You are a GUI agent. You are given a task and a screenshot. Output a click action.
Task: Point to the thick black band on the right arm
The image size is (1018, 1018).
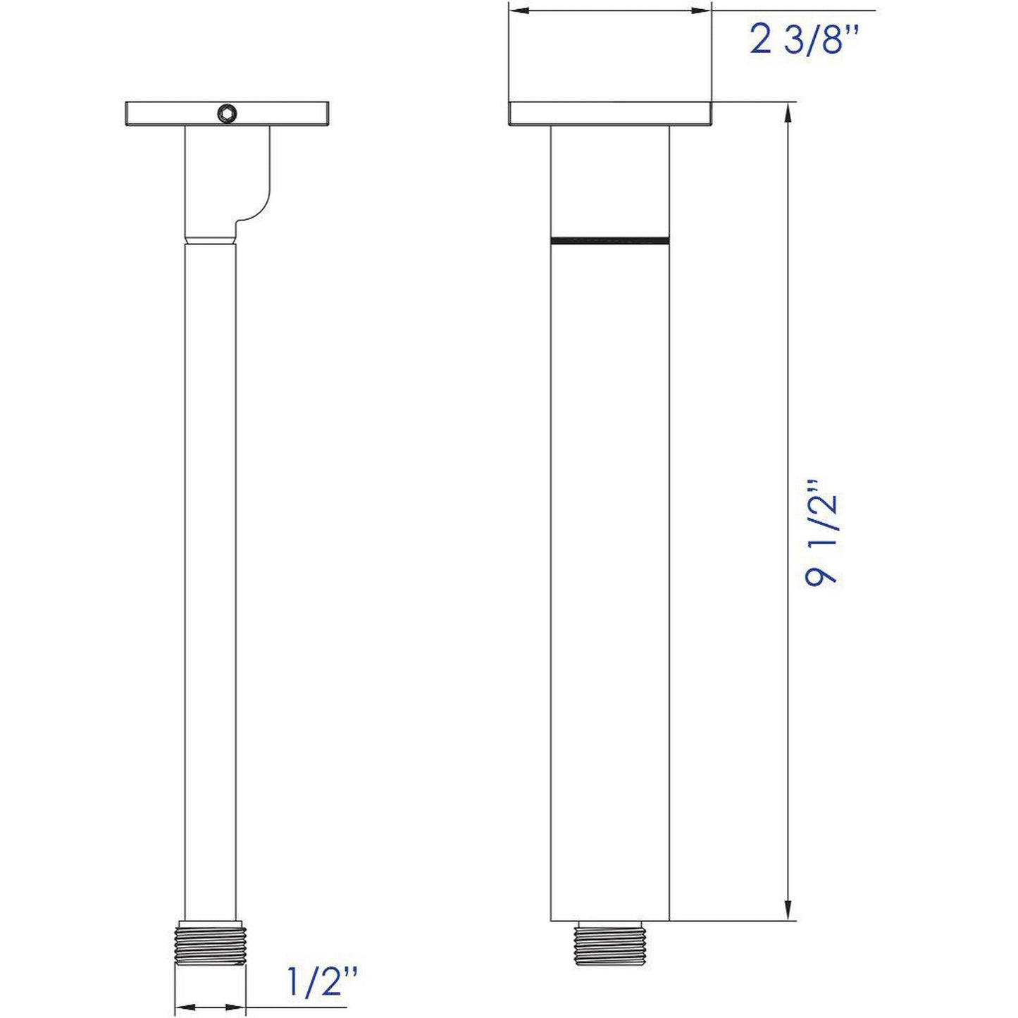[x=609, y=241]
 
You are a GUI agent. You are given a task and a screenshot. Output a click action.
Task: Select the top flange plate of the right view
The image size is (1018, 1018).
[x=609, y=114]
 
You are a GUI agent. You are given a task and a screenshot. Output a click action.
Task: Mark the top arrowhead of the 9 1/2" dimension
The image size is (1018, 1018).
[x=789, y=113]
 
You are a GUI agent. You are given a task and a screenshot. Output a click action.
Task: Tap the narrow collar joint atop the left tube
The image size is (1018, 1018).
[x=210, y=240]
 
